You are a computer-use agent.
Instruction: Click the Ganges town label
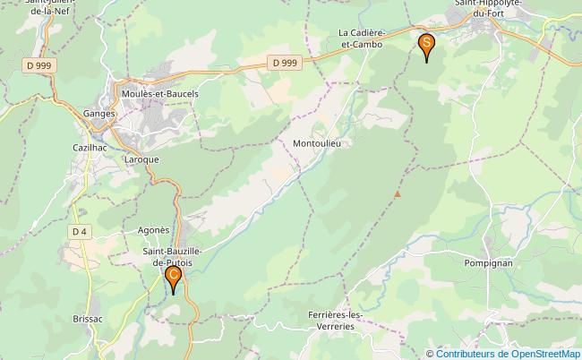[98, 114]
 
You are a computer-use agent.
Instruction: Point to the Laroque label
[141, 159]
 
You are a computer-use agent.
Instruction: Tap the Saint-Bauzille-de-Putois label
[171, 258]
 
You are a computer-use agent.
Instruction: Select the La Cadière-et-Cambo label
[361, 38]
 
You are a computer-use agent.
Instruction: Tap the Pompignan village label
[488, 263]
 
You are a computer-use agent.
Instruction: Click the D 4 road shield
[80, 231]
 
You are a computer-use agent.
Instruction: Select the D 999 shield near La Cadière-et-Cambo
[285, 62]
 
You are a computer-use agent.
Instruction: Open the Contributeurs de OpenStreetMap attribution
[508, 353]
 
